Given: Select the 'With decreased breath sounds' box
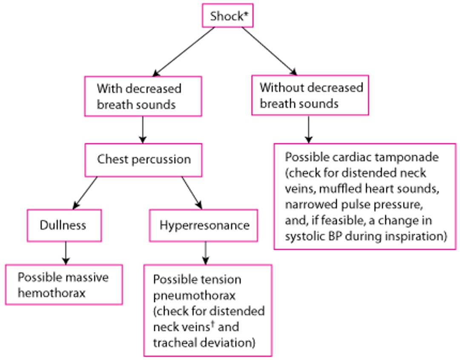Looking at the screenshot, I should pos(143,96).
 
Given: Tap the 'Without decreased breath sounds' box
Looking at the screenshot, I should pos(310,95).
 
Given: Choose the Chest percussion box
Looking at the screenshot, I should pos(144,160).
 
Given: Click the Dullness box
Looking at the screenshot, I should pos(64,225).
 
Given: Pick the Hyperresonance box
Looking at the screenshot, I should pos(204,225).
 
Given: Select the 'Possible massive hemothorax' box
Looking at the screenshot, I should pos(64,285).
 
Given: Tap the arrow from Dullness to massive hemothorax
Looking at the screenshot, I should pos(65,253).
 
